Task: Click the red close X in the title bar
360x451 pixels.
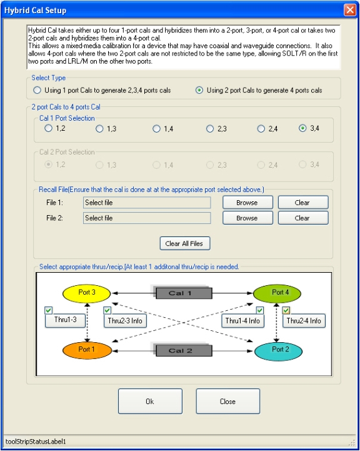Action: point(350,10)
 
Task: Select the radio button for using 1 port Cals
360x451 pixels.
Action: point(37,90)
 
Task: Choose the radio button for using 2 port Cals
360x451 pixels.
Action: point(199,90)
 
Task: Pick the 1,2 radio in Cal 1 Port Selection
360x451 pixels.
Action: point(48,128)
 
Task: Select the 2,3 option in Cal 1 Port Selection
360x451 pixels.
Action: point(210,129)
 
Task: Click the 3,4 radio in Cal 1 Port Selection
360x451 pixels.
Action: point(302,128)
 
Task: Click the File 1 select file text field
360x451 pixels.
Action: point(147,203)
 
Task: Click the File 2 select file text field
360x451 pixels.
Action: point(147,218)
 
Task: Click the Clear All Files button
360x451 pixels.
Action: point(185,243)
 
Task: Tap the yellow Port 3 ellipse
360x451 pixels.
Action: point(86,293)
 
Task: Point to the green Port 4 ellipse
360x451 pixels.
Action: point(277,293)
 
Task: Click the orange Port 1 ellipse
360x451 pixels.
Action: point(87,350)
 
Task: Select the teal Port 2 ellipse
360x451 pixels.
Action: point(278,351)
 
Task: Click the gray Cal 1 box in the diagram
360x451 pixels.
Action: point(184,293)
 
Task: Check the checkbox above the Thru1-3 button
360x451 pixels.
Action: point(49,310)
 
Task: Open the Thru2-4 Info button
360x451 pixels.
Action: point(304,321)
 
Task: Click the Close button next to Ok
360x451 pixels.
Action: point(228,401)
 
